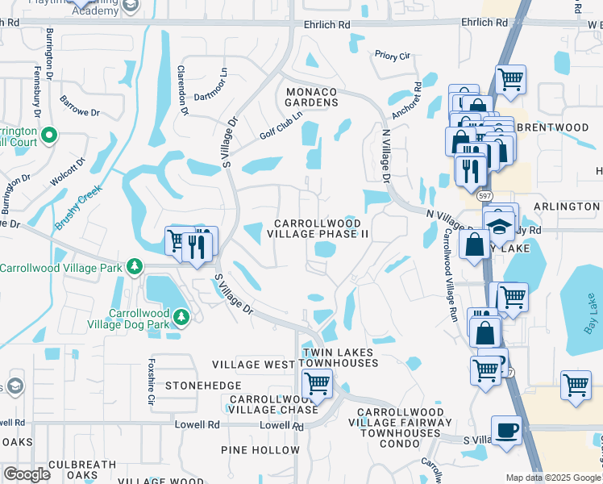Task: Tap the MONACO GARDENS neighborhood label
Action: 311,97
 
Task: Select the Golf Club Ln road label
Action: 281,125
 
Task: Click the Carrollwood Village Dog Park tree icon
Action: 183,318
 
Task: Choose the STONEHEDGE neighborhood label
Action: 198,386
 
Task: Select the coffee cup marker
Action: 506,430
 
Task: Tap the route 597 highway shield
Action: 484,196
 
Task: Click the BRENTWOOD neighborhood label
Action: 553,127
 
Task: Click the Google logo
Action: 27,474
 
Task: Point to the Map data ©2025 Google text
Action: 552,478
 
